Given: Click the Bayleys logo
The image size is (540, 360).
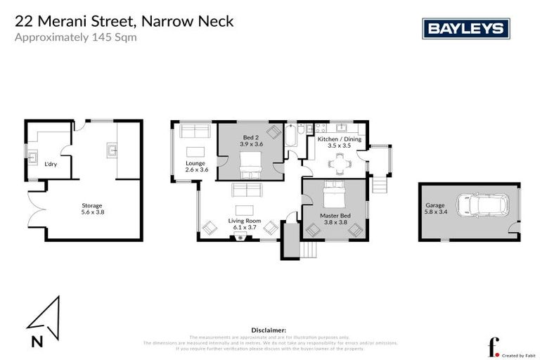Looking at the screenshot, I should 465,28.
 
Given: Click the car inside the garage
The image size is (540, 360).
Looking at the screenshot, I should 483,205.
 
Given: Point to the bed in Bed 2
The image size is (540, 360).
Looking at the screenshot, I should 250,167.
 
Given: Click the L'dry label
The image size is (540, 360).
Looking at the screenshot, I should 51,165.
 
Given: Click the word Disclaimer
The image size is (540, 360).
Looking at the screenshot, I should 269,329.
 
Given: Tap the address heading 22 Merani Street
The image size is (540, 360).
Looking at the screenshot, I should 124,22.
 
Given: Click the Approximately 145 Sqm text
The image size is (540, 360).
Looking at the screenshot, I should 75,37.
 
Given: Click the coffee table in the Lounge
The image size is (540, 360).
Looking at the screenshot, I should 195,151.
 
